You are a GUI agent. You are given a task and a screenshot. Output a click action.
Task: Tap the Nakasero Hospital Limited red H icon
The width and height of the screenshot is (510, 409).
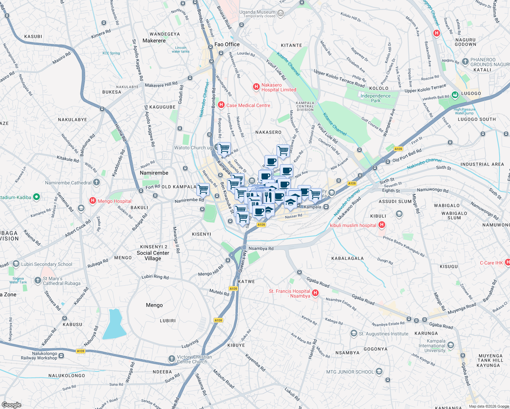pos(256,87)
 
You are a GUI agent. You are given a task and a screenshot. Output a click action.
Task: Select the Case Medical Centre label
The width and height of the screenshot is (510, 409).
pos(248,105)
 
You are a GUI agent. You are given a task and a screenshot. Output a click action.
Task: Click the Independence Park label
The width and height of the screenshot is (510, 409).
pos(375,98)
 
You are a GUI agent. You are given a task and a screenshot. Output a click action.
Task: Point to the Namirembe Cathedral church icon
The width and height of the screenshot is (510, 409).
pos(96,182)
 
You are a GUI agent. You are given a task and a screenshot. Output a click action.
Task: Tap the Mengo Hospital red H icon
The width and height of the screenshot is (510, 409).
pos(92,201)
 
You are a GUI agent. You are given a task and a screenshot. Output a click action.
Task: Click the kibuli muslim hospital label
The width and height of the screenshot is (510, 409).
pos(353,225)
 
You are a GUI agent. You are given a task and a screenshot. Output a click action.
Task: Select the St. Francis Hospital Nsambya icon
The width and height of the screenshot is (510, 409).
pos(315,293)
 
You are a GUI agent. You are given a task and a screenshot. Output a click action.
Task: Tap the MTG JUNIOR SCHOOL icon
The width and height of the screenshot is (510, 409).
pos(379,372)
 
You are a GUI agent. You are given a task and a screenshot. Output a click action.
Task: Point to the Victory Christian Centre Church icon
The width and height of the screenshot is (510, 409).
pos(171,359)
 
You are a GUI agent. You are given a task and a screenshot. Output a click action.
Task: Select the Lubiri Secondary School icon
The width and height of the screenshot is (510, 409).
pos(16,264)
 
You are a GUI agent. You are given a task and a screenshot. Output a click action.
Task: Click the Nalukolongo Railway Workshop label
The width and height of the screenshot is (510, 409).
pos(39,356)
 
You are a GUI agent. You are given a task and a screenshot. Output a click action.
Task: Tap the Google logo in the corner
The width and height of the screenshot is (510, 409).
pos(11,405)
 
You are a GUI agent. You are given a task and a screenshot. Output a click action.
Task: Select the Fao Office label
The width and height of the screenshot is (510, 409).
pos(227,44)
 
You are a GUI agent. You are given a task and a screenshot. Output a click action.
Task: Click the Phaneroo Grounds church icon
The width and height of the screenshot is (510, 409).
pos(465,62)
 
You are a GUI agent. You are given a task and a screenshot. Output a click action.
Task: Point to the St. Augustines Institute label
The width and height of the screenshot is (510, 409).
pos(383,334)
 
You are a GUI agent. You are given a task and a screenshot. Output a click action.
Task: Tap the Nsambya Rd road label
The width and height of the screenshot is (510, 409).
pos(261,248)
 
